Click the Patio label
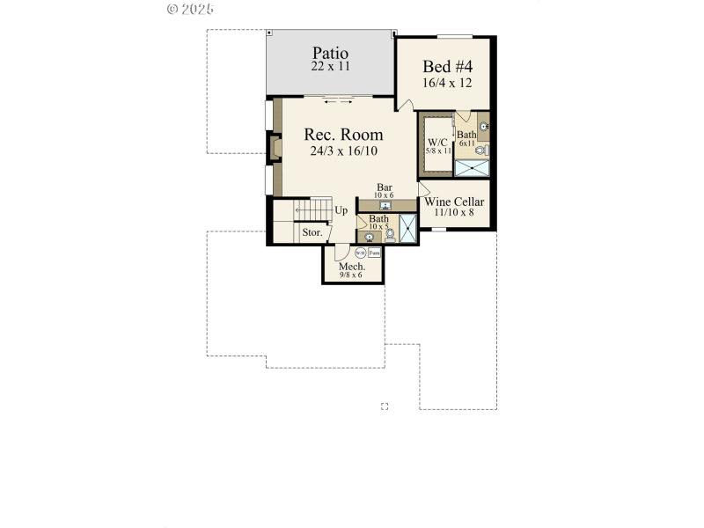329,53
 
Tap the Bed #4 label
448,67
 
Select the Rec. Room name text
343,135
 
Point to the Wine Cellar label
454,202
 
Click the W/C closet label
437,143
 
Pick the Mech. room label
352,266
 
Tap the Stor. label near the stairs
312,233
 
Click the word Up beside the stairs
341,210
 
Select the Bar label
385,187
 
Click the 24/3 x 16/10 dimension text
344,151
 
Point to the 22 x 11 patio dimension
329,66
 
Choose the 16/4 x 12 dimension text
448,83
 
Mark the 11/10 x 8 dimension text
454,213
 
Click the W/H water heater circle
360,253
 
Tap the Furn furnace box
374,253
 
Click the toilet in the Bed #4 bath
480,150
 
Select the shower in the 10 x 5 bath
408,228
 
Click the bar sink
385,205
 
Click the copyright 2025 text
189,9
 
